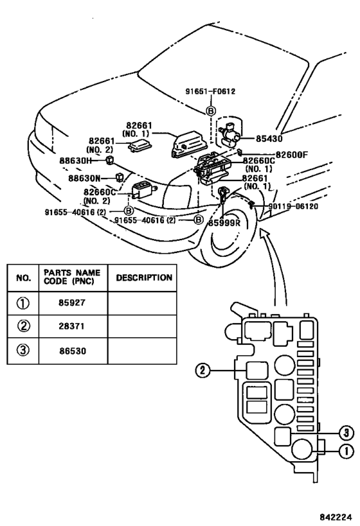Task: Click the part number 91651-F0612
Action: [211, 91]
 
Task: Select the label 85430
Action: [269, 139]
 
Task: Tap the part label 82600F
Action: [291, 155]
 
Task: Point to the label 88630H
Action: [76, 161]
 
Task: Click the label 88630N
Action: [85, 178]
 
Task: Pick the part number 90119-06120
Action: [293, 206]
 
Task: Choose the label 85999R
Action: [224, 222]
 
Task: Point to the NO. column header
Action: [23, 277]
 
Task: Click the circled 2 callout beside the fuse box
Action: [203, 371]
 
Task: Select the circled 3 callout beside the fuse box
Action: [346, 434]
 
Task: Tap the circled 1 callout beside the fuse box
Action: [346, 451]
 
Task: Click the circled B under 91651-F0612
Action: [211, 110]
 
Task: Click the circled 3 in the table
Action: [23, 350]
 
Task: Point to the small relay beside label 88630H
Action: [110, 160]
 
